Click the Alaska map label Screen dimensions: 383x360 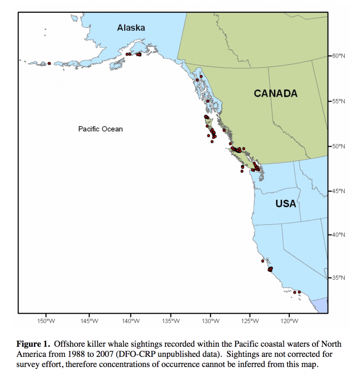click(x=130, y=28)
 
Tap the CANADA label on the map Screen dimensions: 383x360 click(x=276, y=94)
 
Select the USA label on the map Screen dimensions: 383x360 click(x=286, y=204)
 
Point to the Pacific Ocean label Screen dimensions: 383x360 click(x=100, y=129)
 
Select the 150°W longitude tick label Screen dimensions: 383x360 click(x=46, y=321)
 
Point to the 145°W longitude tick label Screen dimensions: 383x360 click(x=89, y=321)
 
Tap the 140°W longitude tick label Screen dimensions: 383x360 click(x=130, y=321)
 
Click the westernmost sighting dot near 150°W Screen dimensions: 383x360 click(x=49, y=64)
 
